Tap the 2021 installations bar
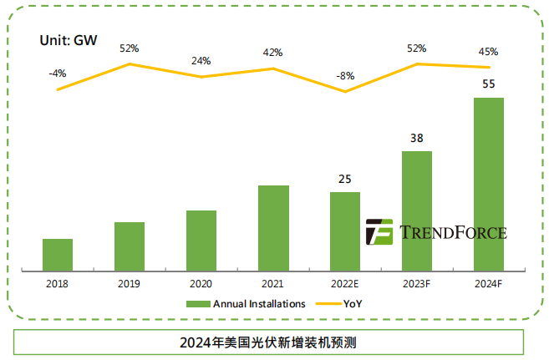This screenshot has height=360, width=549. pos(273,226)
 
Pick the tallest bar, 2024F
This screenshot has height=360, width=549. pos(489,183)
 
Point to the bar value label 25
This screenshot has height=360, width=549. pos(345,179)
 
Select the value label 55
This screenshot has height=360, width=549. pos(489,84)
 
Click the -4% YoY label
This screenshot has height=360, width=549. pos(57,74)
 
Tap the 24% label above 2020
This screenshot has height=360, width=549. pos(201,61)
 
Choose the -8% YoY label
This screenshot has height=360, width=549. pos(345,76)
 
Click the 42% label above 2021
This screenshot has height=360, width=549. pos(273,53)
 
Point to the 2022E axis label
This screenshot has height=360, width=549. pos(345,284)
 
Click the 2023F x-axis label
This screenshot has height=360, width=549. pos(417,284)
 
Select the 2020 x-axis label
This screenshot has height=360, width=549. pos(201,284)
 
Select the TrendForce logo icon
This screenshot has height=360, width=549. pos(379,231)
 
